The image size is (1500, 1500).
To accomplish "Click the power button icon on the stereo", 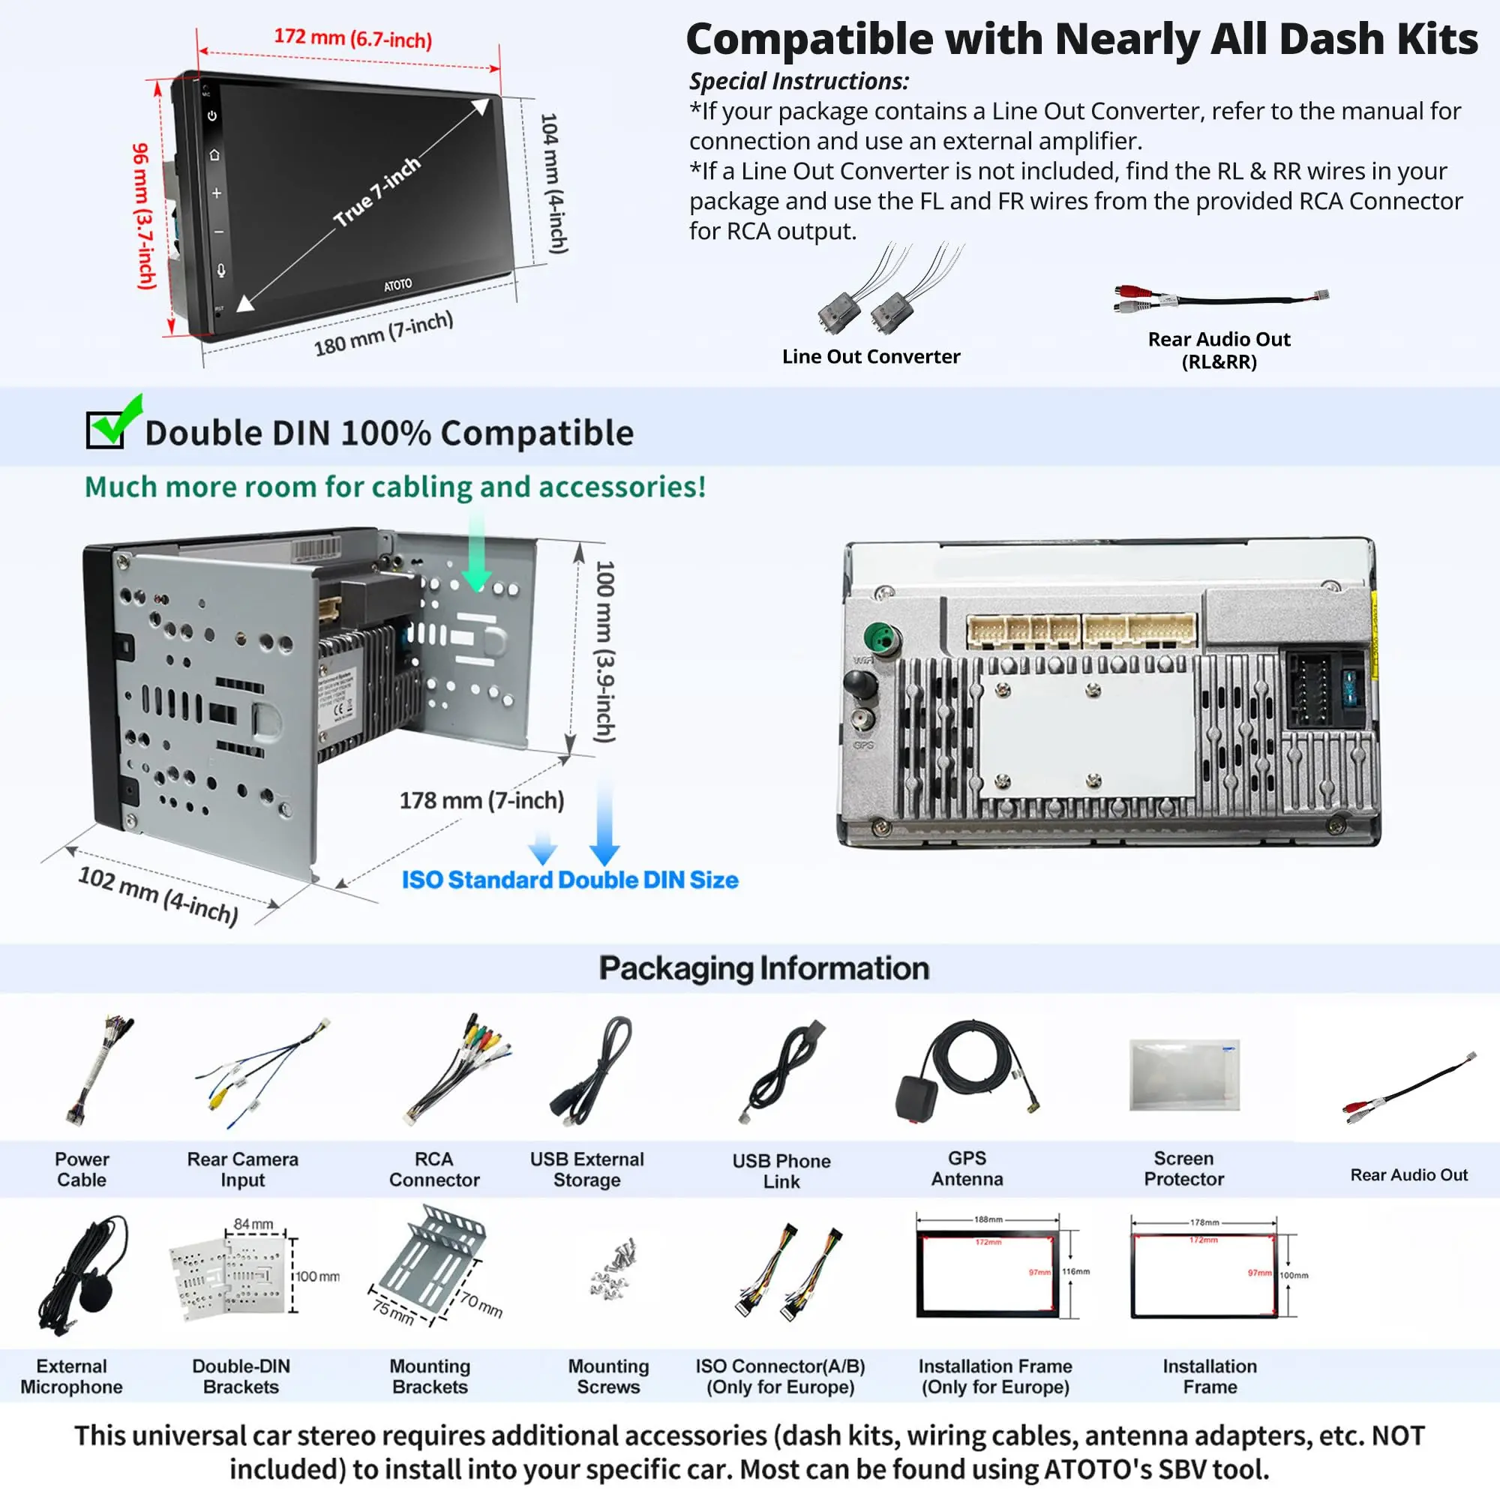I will click(212, 115).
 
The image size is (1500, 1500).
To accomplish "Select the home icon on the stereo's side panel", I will click(214, 154).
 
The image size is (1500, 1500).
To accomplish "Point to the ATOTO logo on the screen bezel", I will click(397, 285).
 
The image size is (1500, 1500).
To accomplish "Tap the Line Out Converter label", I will click(870, 356).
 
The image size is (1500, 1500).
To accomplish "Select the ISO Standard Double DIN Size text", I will click(570, 880).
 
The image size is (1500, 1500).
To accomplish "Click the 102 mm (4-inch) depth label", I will click(157, 895).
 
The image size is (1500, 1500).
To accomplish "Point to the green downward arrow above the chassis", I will click(476, 559).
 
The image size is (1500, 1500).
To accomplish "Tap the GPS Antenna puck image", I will click(916, 1097).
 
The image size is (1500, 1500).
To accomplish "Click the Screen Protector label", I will click(1183, 1168).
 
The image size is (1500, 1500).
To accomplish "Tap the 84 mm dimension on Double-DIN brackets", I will click(253, 1225).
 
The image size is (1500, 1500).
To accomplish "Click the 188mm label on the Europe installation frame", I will click(988, 1219).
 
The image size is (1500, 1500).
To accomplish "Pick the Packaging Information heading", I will click(763, 968).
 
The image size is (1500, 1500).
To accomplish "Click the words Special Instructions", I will click(798, 81).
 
